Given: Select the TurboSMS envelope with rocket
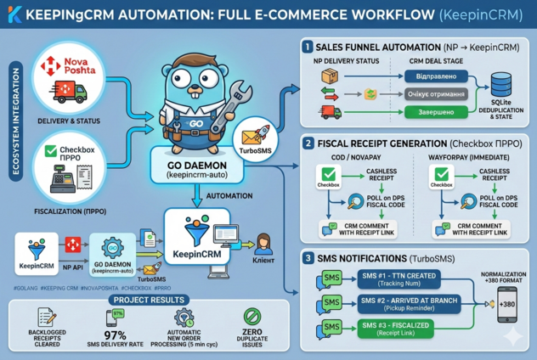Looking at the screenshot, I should (x=254, y=137).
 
